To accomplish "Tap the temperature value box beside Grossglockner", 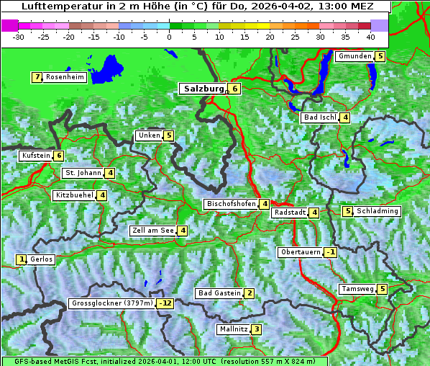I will [166, 303].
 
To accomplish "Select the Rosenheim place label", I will [65, 77].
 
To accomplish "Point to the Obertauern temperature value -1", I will [330, 252].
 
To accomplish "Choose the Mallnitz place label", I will [233, 329].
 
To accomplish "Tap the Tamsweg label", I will [357, 289].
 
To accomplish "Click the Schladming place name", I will [378, 211].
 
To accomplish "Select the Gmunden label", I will [354, 56].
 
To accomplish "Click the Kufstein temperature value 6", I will [59, 156].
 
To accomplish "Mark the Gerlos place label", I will [42, 259].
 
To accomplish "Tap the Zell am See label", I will [153, 231].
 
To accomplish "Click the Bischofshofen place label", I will [231, 204].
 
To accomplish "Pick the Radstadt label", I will [289, 213].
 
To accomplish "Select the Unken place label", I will [150, 135].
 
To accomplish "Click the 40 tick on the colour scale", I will [370, 36].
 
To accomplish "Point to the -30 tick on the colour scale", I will [19, 36].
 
